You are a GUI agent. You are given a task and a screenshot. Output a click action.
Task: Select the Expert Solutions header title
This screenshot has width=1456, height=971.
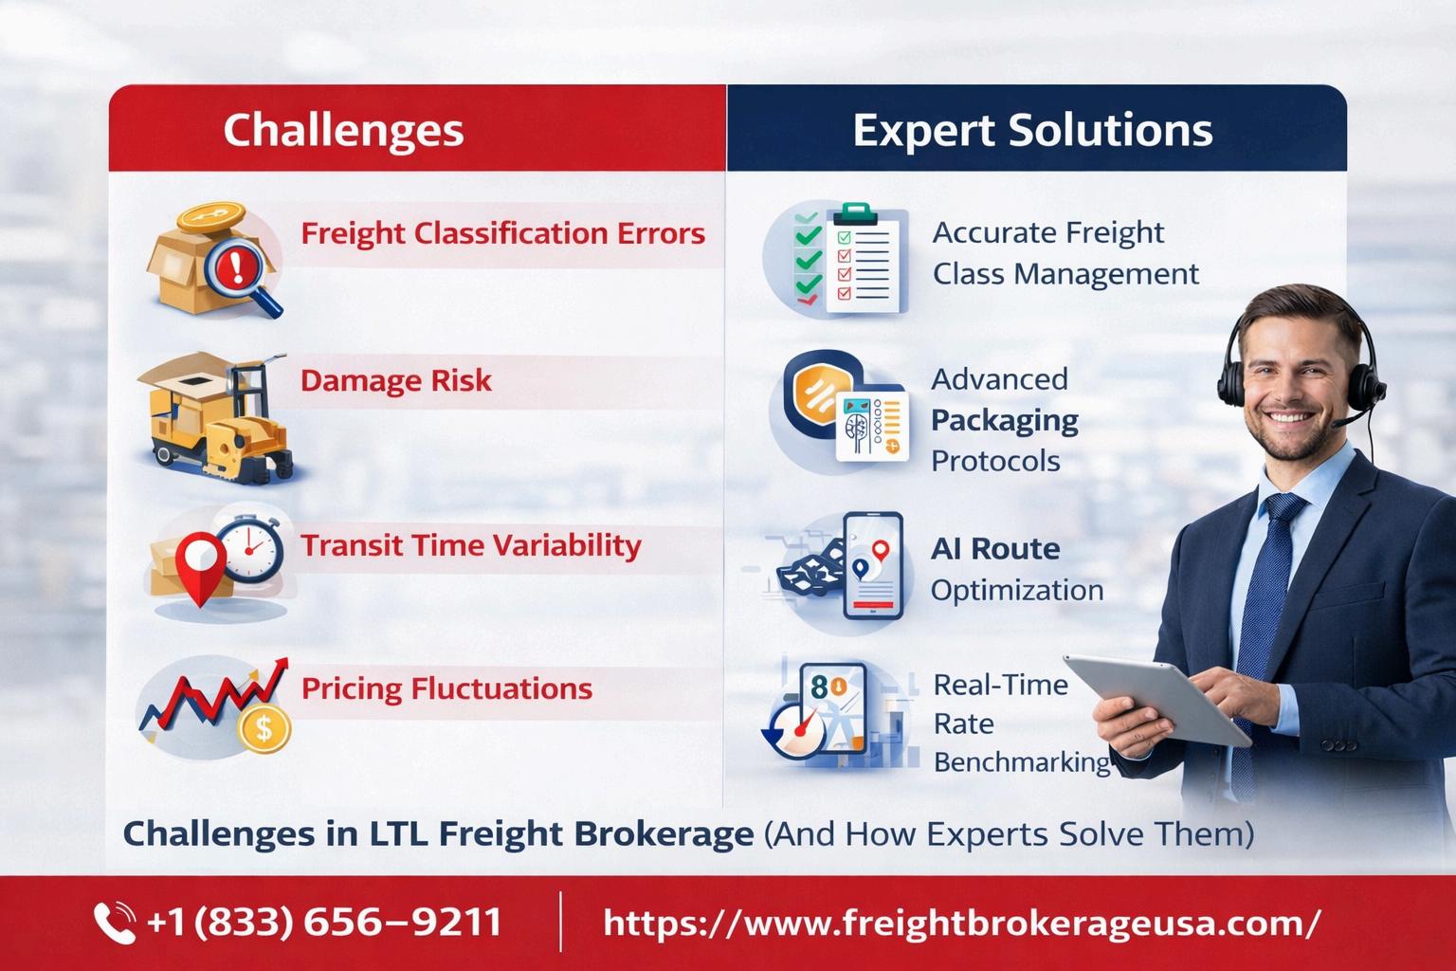1032,131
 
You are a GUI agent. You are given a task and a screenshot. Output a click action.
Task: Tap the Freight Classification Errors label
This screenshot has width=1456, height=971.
502,234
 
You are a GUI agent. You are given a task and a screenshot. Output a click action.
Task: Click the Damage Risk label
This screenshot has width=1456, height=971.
396,381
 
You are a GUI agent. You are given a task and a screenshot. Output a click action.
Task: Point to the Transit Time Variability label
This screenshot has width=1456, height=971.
470,545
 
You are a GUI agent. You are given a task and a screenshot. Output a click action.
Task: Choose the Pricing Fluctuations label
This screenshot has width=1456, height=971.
447,688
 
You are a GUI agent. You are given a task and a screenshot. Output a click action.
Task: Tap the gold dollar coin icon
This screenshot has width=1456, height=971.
264,729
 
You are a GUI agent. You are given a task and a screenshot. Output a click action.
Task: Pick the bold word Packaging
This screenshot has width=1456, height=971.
1004,421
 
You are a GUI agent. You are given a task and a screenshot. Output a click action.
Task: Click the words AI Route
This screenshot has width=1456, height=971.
995,549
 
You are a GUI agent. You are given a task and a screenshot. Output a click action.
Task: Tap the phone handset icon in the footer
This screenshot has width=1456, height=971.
115,922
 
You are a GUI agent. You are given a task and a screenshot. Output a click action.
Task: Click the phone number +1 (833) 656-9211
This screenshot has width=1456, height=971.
324,922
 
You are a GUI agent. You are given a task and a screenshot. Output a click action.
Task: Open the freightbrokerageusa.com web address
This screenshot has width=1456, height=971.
962,923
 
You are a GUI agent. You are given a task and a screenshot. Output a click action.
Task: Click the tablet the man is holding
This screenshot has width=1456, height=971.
1157,699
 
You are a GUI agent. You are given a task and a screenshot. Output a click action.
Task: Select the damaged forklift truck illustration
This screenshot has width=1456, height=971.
214,417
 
